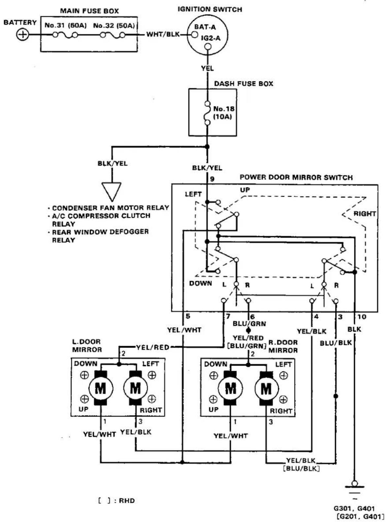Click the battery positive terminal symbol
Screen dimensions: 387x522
tap(23, 35)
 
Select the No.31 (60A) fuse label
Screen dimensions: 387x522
tap(66, 25)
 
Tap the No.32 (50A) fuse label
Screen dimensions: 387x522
tap(114, 25)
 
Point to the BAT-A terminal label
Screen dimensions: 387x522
tap(205, 27)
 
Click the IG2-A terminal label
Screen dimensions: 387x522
tap(210, 38)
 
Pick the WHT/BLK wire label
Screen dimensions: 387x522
tap(163, 34)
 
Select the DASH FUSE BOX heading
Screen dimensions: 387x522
tap(243, 84)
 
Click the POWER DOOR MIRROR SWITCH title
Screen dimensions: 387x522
tap(296, 177)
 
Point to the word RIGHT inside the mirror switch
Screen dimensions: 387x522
tap(365, 214)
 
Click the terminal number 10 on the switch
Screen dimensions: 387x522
tap(362, 317)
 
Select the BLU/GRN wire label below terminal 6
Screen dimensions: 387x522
tap(249, 324)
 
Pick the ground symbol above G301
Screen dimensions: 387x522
tap(354, 489)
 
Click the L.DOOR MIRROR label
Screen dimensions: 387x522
tap(87, 346)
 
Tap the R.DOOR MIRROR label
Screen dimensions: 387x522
tap(283, 346)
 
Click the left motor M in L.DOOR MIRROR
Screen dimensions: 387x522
tap(101, 388)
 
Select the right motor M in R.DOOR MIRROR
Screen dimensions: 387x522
tap(266, 389)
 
